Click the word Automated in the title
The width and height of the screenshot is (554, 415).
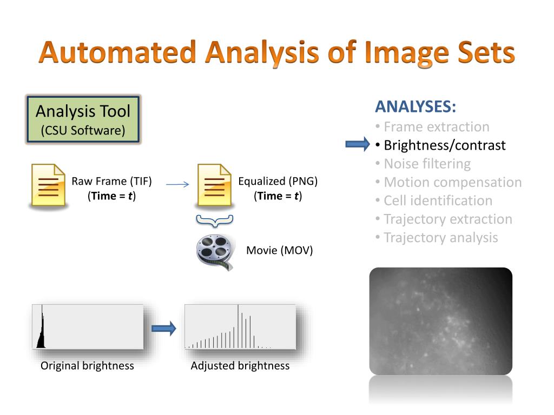pos(117,53)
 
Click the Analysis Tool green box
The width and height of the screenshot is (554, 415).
pos(83,119)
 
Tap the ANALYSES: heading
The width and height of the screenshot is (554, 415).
pos(415,106)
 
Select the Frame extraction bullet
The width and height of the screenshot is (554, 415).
pos(436,127)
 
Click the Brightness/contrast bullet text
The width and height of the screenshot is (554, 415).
pos(445,145)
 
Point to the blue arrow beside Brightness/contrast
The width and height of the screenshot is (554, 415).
pos(357,144)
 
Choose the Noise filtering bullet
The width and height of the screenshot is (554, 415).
pos(427,164)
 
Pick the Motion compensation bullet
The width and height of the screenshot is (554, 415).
pos(452,183)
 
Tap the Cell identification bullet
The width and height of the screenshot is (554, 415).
pos(438,201)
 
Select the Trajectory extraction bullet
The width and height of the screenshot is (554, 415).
pos(447,219)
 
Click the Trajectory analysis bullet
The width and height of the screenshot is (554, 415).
pos(440,238)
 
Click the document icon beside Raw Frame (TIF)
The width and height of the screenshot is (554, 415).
pos(47,185)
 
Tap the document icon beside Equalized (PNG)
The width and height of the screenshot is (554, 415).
pos(214,185)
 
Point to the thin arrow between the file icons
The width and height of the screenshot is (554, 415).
pos(177,185)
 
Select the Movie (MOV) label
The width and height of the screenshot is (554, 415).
pos(280,251)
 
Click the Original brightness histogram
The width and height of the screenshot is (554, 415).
pos(88,327)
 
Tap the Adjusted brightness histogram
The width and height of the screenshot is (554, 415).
pos(240,327)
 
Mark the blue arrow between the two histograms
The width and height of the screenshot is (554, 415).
pos(164,328)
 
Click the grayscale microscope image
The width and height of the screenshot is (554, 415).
pos(440,321)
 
